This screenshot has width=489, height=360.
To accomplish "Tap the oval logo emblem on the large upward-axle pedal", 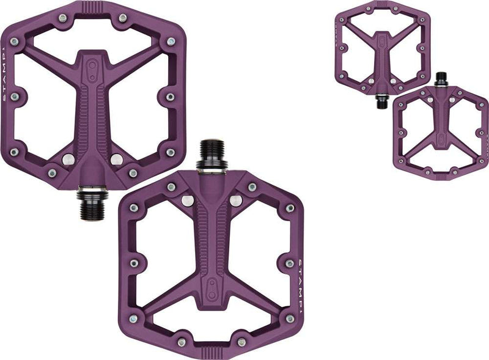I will (x=212, y=287).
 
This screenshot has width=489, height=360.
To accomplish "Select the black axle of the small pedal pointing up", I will (x=439, y=78).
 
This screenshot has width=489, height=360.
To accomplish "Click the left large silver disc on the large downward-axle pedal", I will (x=69, y=160).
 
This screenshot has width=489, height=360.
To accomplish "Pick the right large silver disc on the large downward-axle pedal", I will (x=116, y=160).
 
